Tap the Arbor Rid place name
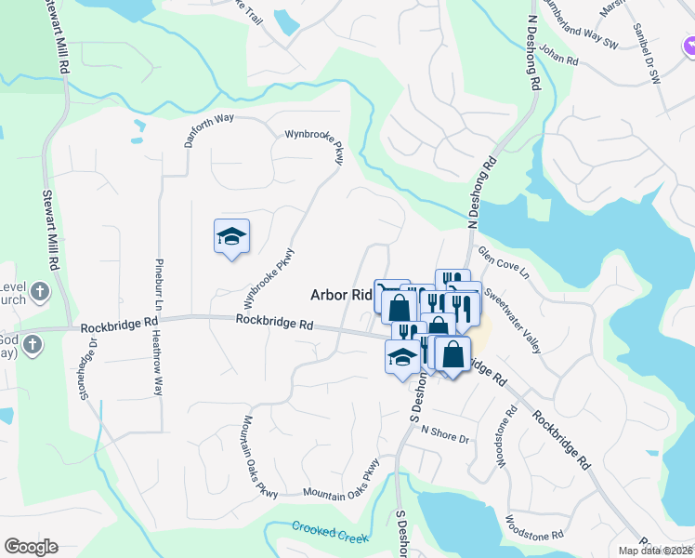[x=340, y=294]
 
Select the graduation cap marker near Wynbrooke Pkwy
[x=231, y=237]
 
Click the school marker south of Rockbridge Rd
[x=401, y=357]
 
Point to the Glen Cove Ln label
[x=503, y=262]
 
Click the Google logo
[x=31, y=547]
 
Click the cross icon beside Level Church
[x=39, y=293]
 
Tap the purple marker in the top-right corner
[x=688, y=44]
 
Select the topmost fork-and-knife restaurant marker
[x=452, y=280]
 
